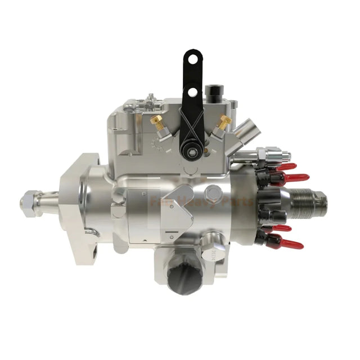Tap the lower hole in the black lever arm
coord(192,91)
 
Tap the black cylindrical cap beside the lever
coord(213,90)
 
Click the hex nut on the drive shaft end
coord(28,201)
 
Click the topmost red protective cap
coord(286,166)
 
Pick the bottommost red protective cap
coord(293,245)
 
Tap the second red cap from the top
coord(293,178)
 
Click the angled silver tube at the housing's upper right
coord(246,131)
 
